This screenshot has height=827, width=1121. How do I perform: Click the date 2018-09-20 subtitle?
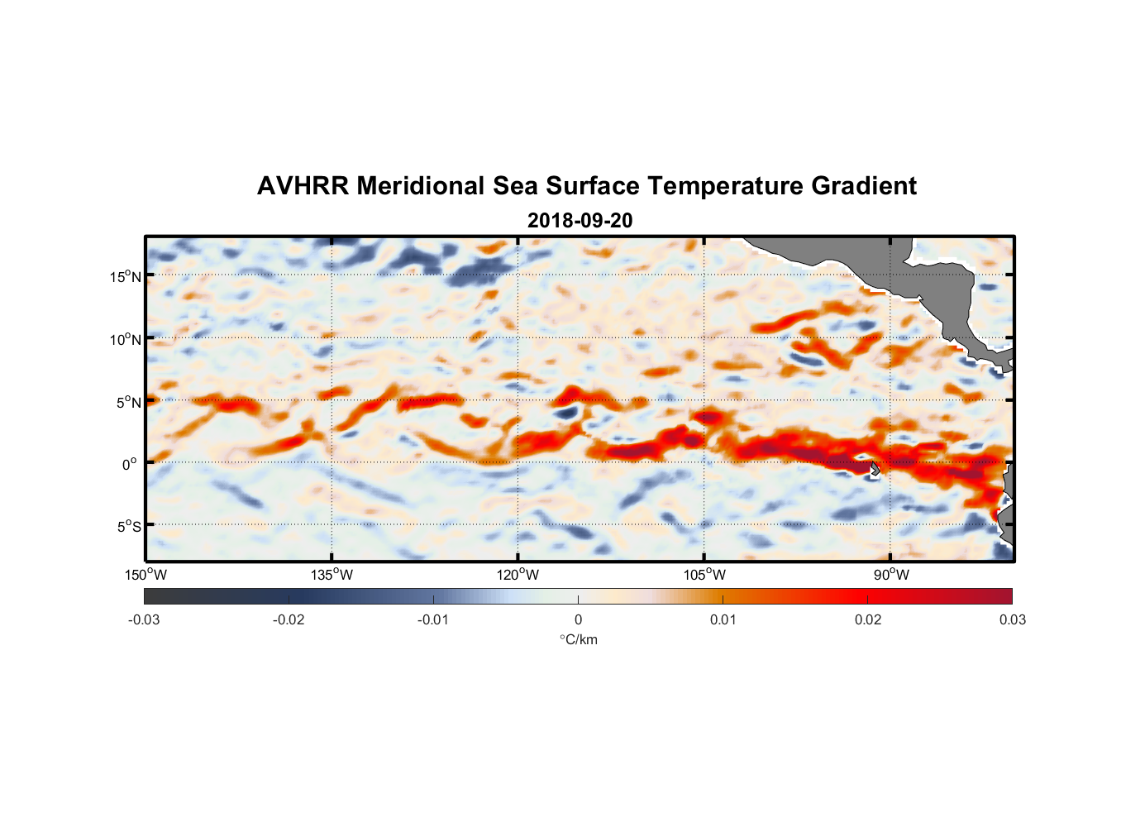click(580, 221)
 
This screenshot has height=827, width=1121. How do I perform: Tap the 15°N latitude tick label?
click(125, 276)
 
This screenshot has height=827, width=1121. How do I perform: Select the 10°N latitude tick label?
click(125, 339)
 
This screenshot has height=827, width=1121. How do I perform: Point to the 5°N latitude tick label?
click(127, 402)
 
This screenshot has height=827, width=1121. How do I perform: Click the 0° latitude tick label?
click(130, 464)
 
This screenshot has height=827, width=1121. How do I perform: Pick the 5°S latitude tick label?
click(127, 527)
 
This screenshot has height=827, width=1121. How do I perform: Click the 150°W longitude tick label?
click(145, 575)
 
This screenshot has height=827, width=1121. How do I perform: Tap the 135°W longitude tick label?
click(332, 575)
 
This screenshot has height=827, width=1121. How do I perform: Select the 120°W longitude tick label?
click(518, 575)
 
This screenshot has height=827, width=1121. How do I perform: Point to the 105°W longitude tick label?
click(704, 575)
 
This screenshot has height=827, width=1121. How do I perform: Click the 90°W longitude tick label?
click(891, 575)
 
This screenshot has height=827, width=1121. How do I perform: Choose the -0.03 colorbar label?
click(144, 620)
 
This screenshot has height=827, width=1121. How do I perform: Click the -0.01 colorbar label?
click(433, 620)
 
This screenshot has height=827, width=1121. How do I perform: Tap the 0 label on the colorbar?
click(578, 620)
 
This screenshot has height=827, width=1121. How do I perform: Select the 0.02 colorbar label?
click(868, 620)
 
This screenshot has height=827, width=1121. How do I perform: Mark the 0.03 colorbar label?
click(1012, 620)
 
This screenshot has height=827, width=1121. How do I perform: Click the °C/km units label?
click(578, 639)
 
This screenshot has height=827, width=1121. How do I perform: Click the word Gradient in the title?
click(864, 186)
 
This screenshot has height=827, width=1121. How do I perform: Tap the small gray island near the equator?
click(875, 469)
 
